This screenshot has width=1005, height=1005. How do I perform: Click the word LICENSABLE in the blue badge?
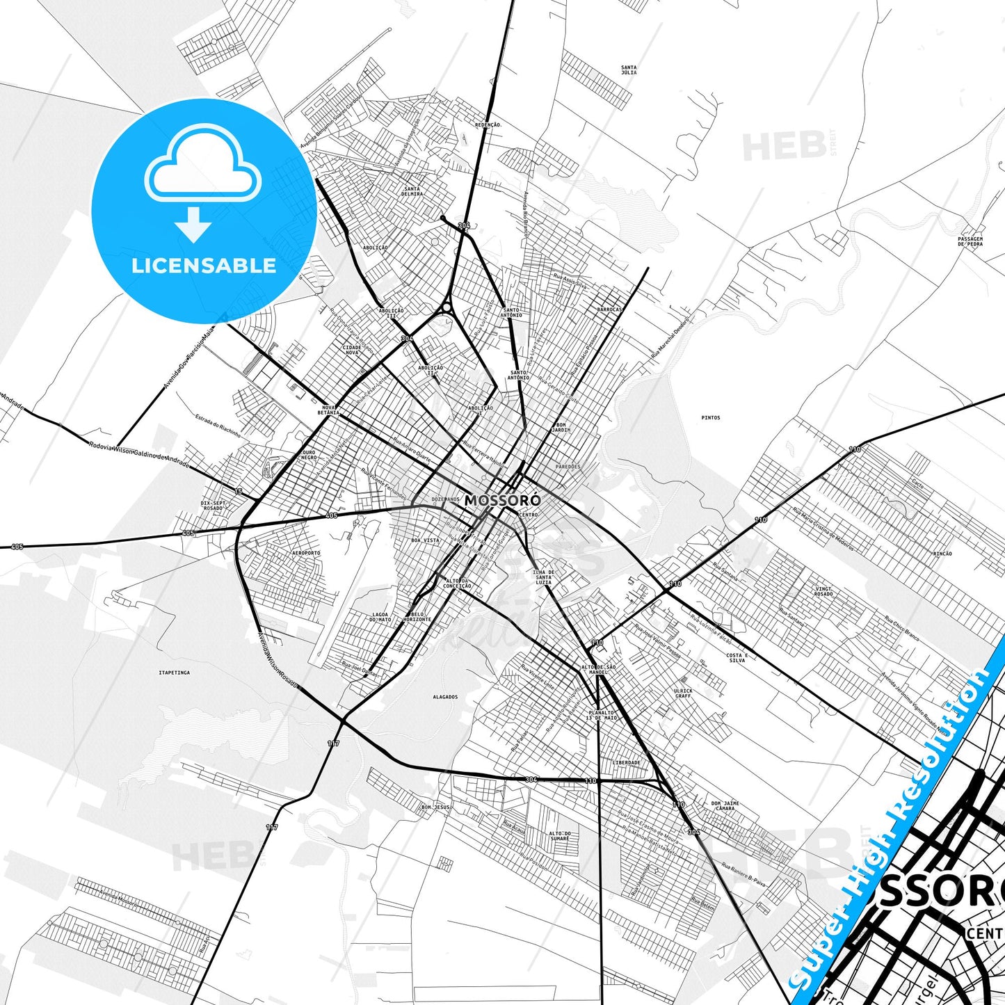click(x=204, y=265)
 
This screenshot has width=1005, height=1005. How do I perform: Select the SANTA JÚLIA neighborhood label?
click(x=628, y=70)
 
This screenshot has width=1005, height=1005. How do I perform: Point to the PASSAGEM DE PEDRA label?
click(x=970, y=241)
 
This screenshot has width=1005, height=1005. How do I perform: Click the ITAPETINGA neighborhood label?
click(x=174, y=673)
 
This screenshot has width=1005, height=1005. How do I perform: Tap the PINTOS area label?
click(x=711, y=418)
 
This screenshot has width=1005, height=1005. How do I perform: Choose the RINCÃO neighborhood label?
click(x=942, y=554)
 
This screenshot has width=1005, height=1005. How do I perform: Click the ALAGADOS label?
click(x=445, y=696)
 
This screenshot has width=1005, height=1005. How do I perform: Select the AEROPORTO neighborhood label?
click(x=307, y=553)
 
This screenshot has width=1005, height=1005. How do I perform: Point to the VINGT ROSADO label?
click(x=823, y=591)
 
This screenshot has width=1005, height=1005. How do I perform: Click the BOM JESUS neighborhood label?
click(x=435, y=807)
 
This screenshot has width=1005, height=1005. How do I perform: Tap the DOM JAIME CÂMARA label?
click(x=725, y=805)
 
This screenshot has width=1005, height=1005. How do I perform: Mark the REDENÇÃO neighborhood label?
click(x=487, y=124)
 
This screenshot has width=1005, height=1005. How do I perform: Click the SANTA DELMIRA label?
click(x=412, y=191)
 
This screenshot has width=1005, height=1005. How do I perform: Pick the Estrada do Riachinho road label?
click(x=218, y=426)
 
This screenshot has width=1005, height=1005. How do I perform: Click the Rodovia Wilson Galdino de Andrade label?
click(x=138, y=453)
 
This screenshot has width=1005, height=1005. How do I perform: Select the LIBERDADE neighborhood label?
click(x=626, y=762)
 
